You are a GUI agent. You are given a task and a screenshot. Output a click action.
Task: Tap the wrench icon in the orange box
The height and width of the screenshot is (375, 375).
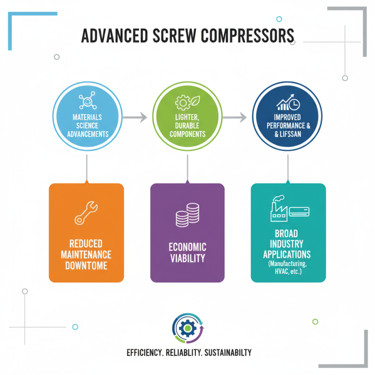(86, 212)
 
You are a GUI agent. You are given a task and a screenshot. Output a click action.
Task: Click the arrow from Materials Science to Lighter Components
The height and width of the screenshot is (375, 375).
(136, 117)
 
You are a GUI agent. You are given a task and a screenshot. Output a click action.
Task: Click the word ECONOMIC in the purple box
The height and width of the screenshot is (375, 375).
(187, 247)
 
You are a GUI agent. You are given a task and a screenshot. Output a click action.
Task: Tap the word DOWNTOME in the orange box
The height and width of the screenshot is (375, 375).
(86, 266)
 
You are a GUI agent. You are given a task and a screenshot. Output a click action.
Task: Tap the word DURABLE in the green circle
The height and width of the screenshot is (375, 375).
(187, 125)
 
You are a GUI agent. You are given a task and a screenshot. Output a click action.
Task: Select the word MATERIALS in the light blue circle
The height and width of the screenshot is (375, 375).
(86, 117)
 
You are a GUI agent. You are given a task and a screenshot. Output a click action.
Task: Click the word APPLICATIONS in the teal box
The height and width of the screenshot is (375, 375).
(287, 255)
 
